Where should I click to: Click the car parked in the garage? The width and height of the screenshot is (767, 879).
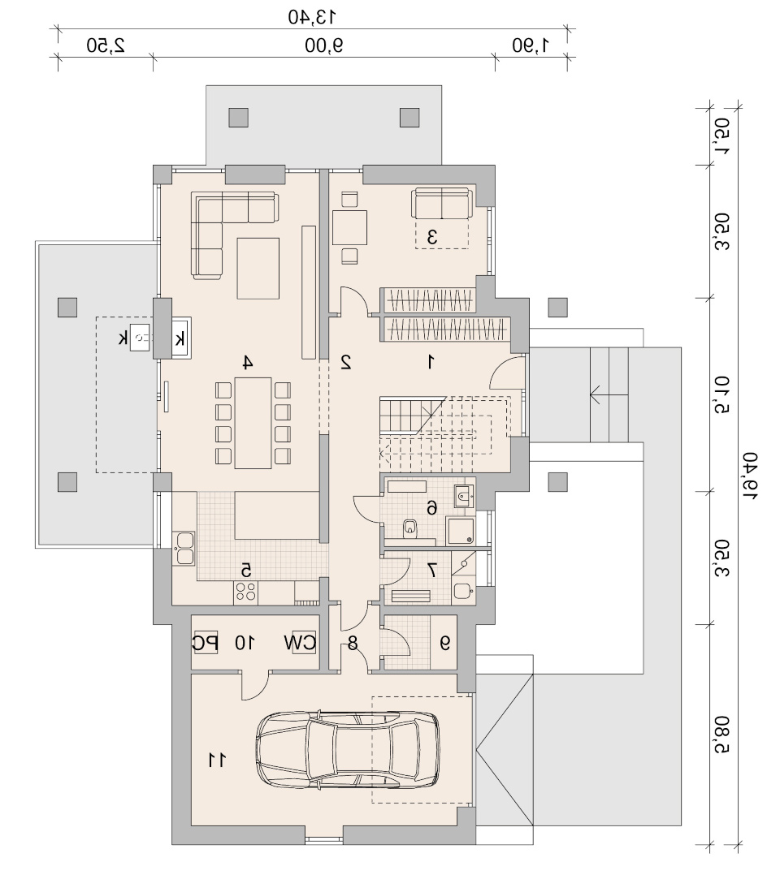348,750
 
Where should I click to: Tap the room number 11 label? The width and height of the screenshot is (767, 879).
217,761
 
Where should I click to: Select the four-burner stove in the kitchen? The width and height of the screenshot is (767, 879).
245,592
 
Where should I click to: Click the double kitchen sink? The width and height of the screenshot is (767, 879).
184,548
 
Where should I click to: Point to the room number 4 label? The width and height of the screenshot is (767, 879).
248,362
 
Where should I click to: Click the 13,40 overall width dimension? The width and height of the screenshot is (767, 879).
312,17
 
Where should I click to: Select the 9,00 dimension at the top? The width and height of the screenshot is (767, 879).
323,45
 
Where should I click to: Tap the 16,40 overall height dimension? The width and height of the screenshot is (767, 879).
750,476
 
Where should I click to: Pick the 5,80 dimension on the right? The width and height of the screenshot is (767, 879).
722,735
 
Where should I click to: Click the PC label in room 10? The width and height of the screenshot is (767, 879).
205,643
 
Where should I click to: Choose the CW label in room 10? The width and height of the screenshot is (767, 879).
300,643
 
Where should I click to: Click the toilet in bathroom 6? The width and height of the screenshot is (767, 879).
410,528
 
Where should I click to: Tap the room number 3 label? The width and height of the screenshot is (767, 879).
432,237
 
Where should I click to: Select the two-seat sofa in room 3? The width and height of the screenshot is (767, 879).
441,203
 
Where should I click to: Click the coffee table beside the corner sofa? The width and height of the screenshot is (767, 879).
258,269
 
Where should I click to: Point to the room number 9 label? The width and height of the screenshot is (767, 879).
445,643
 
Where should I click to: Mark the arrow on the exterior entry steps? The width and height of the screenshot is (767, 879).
609,394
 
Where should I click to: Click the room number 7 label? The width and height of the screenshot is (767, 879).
431,570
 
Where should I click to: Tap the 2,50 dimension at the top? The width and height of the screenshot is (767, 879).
106,45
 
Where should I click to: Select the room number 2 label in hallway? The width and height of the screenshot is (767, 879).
346,362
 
